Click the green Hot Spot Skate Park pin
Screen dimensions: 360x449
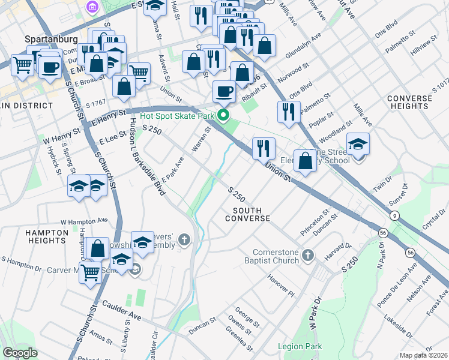[x=224, y=115]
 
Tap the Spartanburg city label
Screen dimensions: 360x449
[x=51, y=39]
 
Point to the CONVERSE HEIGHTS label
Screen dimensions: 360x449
[x=409, y=102]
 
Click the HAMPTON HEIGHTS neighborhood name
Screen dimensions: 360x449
[x=47, y=236]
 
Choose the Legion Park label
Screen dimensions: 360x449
[x=300, y=346]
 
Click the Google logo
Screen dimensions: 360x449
[x=20, y=353]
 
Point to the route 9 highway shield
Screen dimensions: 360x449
[x=394, y=215]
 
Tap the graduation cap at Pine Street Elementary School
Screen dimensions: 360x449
[x=358, y=145]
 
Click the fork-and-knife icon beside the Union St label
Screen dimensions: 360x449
[x=264, y=148]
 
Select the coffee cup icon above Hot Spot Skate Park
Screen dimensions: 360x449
[x=224, y=91]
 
